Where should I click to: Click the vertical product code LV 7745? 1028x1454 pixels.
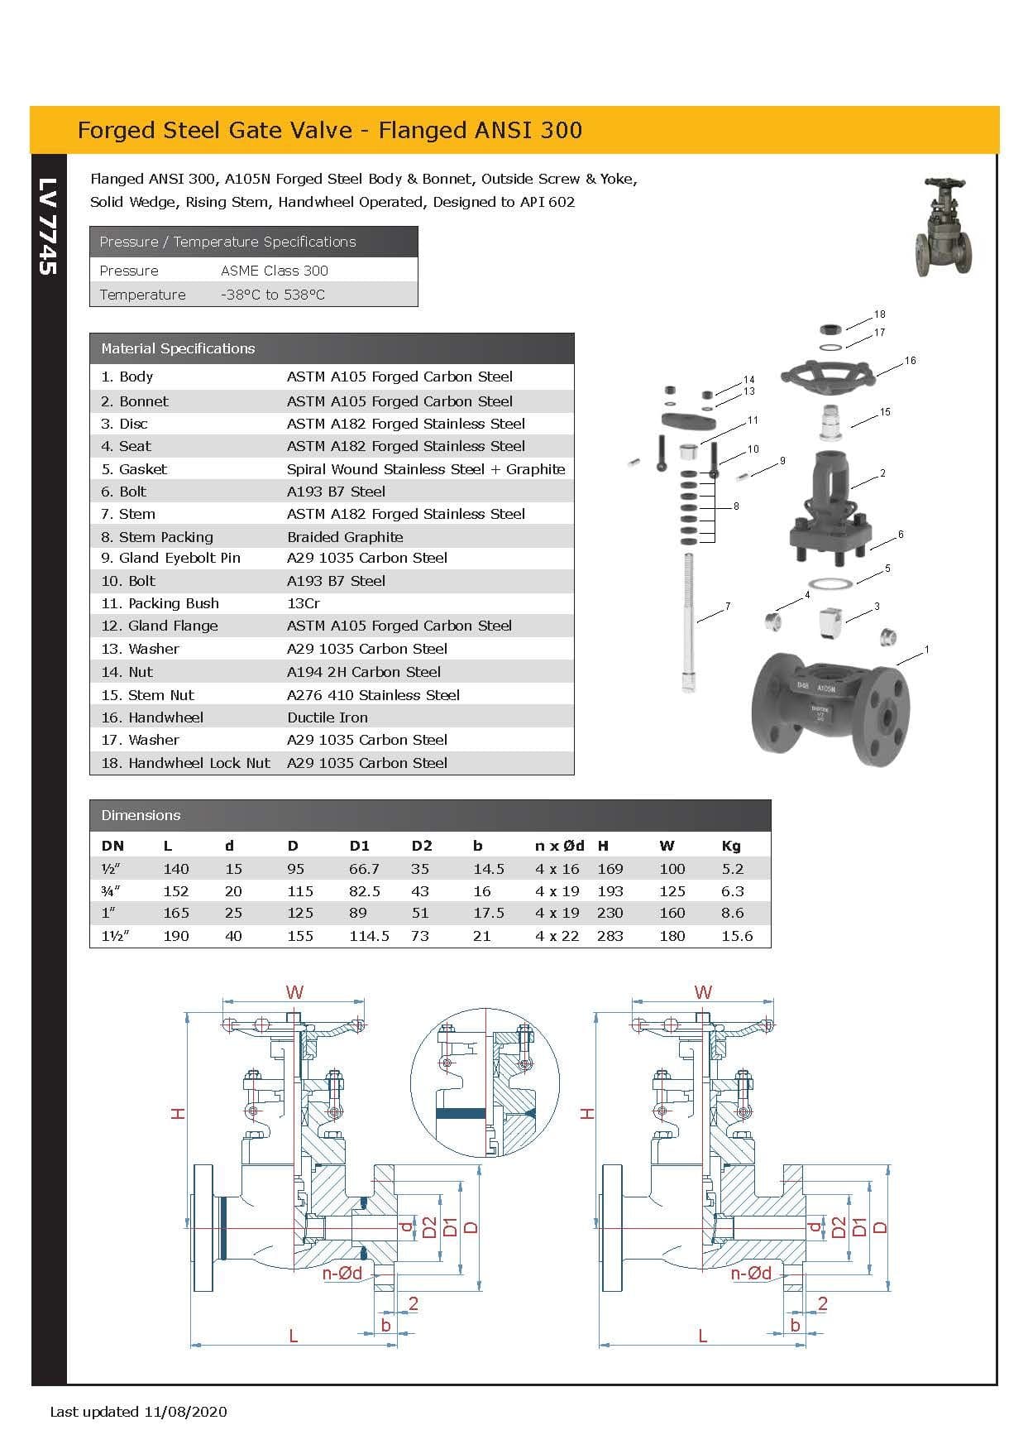(47, 226)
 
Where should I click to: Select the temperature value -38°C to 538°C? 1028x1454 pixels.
(272, 295)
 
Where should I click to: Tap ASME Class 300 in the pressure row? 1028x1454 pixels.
(274, 271)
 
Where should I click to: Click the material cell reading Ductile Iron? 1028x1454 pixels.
(328, 717)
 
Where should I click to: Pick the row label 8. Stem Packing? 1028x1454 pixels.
(157, 536)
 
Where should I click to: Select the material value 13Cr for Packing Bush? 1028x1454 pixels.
(303, 603)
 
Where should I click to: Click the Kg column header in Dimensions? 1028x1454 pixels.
(731, 846)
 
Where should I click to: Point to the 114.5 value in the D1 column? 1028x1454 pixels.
(369, 936)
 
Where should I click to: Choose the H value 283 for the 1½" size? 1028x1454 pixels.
(610, 936)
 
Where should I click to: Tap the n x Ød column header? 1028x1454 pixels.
(559, 846)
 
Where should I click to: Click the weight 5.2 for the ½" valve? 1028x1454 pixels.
(732, 869)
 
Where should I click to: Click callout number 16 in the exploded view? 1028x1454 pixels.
(910, 361)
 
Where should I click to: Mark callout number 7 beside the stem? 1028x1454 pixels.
(728, 607)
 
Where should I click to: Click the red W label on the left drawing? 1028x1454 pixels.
(294, 991)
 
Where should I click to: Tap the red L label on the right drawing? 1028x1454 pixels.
(702, 1336)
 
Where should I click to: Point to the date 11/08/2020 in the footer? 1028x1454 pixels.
(185, 1412)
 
